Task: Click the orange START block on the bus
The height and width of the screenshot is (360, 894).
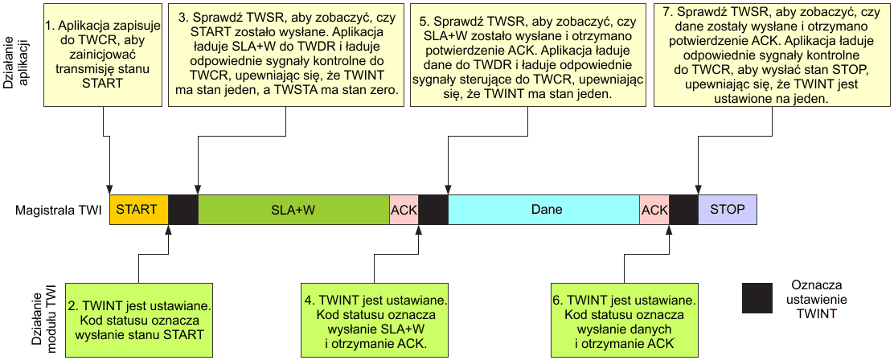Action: click(x=138, y=210)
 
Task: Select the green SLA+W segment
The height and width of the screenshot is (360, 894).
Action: click(x=293, y=210)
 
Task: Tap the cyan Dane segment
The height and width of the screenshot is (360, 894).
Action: click(x=543, y=210)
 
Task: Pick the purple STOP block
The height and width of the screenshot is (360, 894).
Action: click(x=728, y=210)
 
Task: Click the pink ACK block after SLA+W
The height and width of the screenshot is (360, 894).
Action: click(x=404, y=210)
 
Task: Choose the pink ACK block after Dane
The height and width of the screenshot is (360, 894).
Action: click(x=654, y=210)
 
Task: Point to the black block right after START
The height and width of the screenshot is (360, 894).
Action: click(x=183, y=210)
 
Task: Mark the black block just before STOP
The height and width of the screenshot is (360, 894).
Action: click(x=684, y=210)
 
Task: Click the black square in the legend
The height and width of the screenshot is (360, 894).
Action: click(x=757, y=298)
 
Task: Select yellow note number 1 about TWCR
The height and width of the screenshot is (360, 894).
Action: click(x=104, y=55)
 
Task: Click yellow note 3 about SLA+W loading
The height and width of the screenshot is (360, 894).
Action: click(x=287, y=55)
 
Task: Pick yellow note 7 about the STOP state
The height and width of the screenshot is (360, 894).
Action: click(x=772, y=55)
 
